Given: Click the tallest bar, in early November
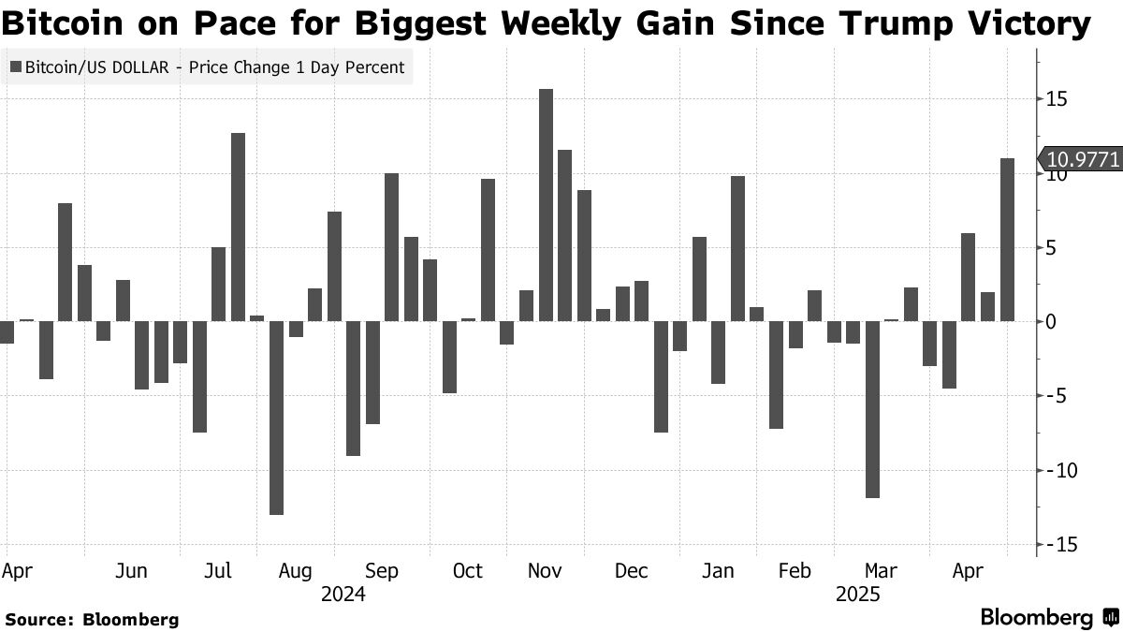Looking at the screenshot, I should (x=546, y=205).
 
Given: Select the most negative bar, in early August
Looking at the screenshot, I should (x=276, y=418).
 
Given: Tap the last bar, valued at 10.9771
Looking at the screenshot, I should (x=1007, y=240).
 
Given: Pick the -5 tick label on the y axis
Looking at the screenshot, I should (x=1057, y=396).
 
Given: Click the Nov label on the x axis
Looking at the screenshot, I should (x=546, y=570).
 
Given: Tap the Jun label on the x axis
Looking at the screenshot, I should (x=132, y=570).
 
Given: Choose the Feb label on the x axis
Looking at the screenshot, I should (x=795, y=570).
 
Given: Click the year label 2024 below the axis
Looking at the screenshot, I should (x=343, y=594).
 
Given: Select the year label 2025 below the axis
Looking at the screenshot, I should (x=857, y=594).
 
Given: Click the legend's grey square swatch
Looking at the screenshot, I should (x=15, y=67).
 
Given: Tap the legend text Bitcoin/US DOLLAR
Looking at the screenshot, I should (x=101, y=67).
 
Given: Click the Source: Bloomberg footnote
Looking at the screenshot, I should (x=92, y=619).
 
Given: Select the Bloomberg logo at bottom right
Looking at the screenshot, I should (x=1049, y=617).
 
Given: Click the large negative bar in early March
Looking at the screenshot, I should (x=873, y=409).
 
